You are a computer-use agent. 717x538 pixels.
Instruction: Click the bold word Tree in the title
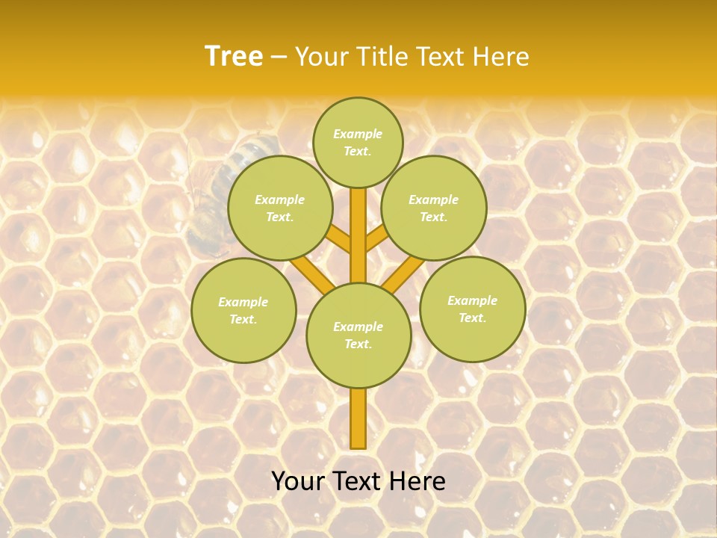[234, 56]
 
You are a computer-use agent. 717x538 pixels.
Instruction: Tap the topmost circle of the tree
[358, 142]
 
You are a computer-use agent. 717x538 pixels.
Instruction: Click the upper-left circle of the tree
[280, 208]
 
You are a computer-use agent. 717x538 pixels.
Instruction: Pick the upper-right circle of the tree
[434, 208]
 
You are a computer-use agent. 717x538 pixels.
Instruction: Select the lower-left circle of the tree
[243, 310]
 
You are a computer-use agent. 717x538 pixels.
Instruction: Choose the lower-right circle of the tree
[473, 309]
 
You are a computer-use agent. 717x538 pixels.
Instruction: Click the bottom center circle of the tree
[358, 335]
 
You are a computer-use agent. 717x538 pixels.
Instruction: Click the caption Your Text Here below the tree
[358, 481]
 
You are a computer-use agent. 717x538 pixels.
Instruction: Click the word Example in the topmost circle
[358, 134]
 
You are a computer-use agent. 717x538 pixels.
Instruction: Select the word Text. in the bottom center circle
[358, 344]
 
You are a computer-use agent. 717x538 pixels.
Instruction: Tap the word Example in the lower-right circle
[472, 300]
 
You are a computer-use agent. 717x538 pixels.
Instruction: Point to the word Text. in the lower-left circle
[243, 319]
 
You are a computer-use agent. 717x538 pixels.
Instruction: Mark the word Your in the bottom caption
[299, 481]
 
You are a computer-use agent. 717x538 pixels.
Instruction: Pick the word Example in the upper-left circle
[280, 200]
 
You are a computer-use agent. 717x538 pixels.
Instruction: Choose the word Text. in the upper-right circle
[434, 217]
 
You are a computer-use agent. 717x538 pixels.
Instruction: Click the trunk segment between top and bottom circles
[358, 235]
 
